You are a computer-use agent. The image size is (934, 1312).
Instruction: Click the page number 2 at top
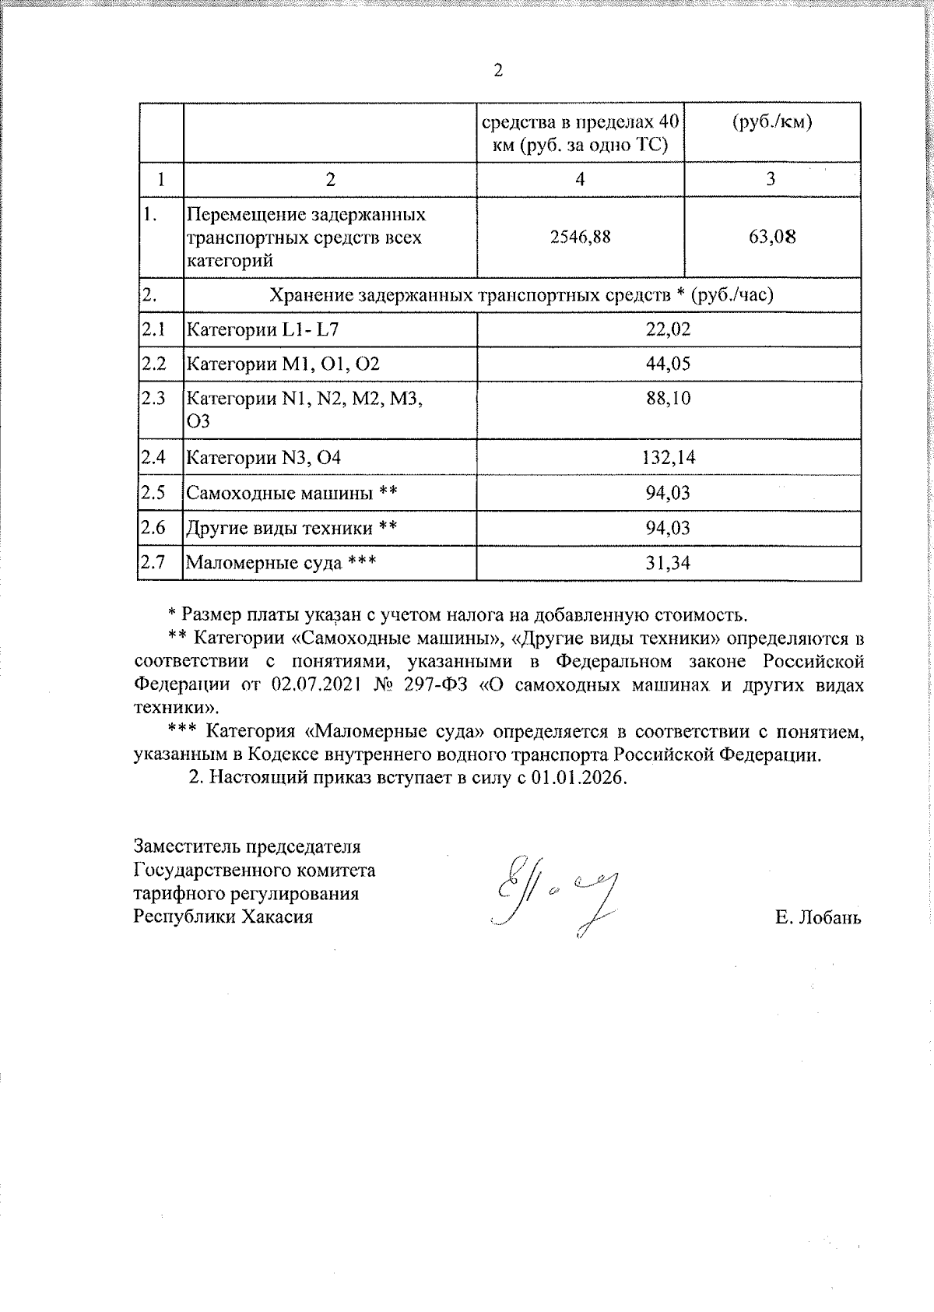498,71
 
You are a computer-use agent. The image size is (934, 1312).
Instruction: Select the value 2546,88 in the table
580,237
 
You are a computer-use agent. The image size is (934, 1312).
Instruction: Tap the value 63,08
772,237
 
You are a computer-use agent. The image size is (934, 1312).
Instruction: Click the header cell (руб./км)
772,123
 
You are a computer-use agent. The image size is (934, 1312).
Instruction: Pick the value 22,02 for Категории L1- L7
668,329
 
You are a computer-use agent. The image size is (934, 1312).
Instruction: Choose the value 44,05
668,364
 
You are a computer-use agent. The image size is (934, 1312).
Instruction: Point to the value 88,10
668,399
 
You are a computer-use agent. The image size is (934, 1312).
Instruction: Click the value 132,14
668,457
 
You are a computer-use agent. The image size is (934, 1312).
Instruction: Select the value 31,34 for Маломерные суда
668,563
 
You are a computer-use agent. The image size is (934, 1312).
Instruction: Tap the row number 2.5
154,492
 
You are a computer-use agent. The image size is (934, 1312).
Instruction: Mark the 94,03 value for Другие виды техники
668,528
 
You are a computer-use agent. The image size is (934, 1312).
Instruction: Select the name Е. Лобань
818,917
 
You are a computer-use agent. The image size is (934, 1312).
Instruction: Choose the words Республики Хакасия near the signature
223,916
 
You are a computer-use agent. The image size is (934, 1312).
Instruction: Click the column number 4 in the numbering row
580,179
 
